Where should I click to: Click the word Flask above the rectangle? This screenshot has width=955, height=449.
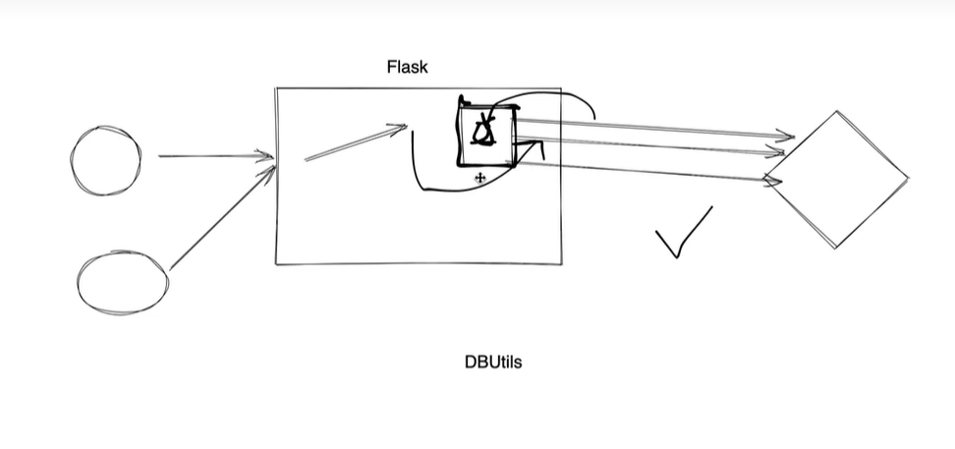[x=408, y=67]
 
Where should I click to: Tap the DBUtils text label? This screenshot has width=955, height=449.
[x=493, y=362]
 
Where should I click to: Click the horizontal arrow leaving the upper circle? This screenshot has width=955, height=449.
[x=215, y=156]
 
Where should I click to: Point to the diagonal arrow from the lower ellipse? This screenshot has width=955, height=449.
[x=223, y=217]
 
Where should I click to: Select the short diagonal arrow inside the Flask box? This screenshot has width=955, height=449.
[x=356, y=142]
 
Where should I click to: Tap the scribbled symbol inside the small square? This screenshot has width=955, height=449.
[x=484, y=130]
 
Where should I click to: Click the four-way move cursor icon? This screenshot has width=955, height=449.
[x=479, y=178]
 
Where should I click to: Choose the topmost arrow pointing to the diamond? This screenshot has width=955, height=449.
[x=655, y=129]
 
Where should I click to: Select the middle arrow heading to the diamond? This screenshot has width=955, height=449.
[x=650, y=146]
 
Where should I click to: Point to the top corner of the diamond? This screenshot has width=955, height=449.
[x=837, y=111]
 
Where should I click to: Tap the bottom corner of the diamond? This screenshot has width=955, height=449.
[x=835, y=248]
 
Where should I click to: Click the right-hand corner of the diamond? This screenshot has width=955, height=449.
[x=908, y=179]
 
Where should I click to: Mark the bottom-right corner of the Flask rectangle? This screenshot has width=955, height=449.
[x=561, y=263]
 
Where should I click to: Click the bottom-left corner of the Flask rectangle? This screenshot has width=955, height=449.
[x=276, y=264]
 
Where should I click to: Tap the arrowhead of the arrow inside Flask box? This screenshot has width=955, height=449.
[x=402, y=128]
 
